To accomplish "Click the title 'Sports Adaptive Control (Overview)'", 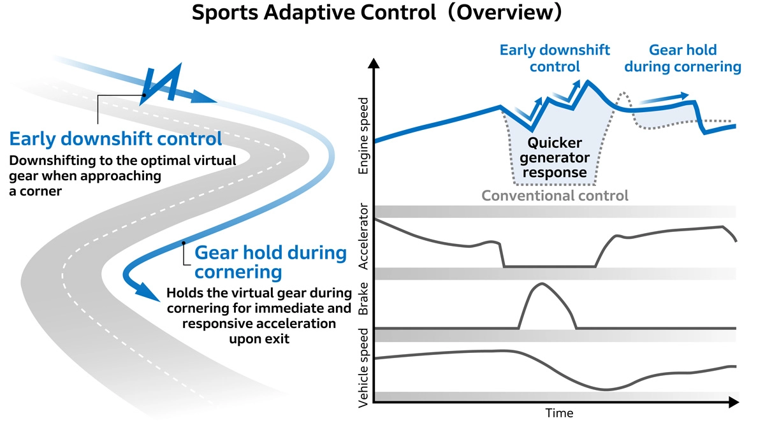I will [x=377, y=14].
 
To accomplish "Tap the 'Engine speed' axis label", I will [x=363, y=136].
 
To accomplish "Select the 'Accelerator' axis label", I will [x=363, y=236].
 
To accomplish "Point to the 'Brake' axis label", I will [x=363, y=303].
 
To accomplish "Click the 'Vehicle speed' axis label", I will [x=363, y=368].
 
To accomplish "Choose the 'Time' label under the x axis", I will [x=559, y=413].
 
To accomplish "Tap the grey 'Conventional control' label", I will [x=555, y=196].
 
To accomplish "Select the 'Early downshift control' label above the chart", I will [x=555, y=58].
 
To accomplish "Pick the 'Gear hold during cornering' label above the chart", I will [x=683, y=58].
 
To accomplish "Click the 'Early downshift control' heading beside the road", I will [x=116, y=139].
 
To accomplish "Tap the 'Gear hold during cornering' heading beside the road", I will [x=270, y=262].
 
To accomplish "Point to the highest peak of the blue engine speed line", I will [x=587, y=82].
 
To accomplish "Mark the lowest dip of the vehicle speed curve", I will [x=606, y=389].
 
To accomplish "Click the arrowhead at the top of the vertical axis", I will [x=374, y=63].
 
